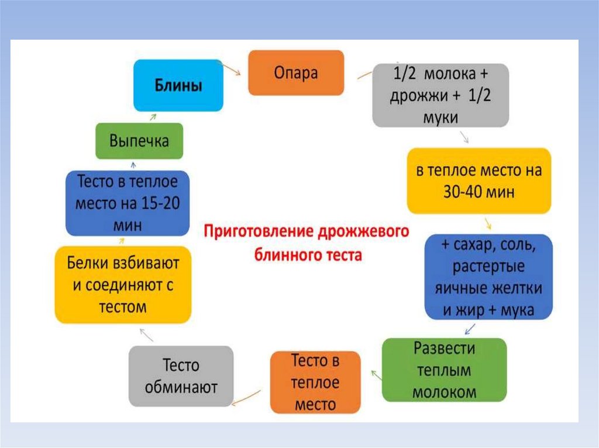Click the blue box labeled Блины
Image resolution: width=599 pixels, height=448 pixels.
[x=178, y=86]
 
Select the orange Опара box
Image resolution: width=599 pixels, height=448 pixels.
[x=296, y=73]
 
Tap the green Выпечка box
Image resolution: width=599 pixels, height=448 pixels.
[x=139, y=141]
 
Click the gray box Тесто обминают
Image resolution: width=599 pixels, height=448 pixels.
[x=181, y=376]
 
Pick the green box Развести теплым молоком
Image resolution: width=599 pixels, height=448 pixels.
[x=444, y=370]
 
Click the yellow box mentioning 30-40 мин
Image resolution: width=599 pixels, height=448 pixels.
[x=479, y=181]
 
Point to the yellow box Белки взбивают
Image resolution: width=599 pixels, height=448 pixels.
[x=123, y=284]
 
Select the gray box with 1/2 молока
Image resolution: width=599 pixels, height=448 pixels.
[x=440, y=95]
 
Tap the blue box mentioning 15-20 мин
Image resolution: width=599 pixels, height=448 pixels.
[x=128, y=203]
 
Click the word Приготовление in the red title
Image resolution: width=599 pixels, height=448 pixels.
[x=251, y=231]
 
